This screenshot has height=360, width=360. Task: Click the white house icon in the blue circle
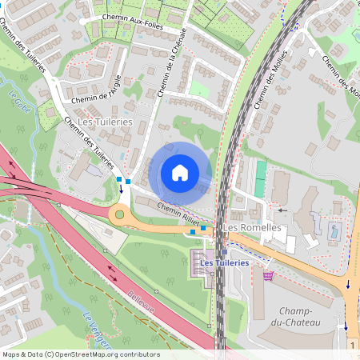(180, 173)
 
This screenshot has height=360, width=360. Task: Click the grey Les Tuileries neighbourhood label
(106, 121)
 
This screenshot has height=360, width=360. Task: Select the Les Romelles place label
(251, 227)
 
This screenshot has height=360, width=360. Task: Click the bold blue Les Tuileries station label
(224, 262)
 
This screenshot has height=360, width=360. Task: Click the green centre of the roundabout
(120, 214)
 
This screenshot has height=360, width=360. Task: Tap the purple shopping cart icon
(267, 275)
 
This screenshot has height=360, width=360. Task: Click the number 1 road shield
(352, 344)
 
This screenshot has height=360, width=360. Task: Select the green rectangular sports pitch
(260, 178)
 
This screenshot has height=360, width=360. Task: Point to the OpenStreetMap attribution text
(80, 354)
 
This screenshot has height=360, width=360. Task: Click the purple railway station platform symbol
(202, 262)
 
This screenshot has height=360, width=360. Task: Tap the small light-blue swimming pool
(334, 232)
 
